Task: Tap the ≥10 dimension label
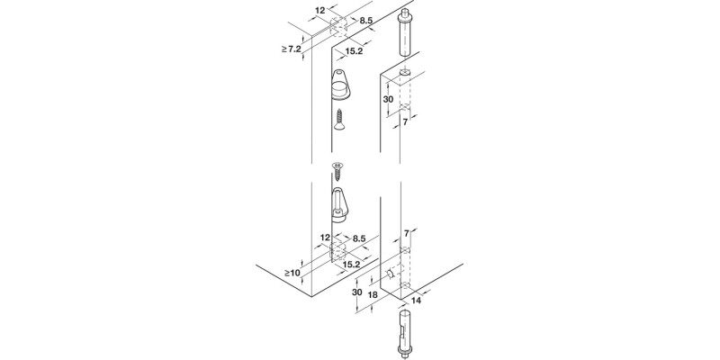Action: click(x=291, y=271)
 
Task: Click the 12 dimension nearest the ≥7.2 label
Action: click(x=320, y=11)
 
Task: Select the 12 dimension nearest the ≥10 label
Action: click(x=324, y=238)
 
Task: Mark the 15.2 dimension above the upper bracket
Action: click(x=354, y=51)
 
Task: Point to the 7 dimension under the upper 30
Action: click(x=405, y=122)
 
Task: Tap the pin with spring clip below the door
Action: click(x=405, y=332)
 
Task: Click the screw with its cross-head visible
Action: click(x=338, y=169)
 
